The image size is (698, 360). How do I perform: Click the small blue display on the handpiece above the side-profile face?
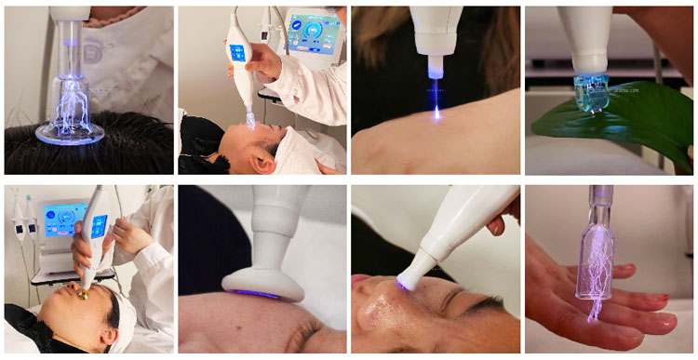pos(234,52)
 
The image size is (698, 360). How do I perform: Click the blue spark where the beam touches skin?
pos(436,115)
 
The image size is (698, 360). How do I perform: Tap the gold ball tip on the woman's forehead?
pos(83,296)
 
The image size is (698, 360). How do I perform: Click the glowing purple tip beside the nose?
pos(403,282)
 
